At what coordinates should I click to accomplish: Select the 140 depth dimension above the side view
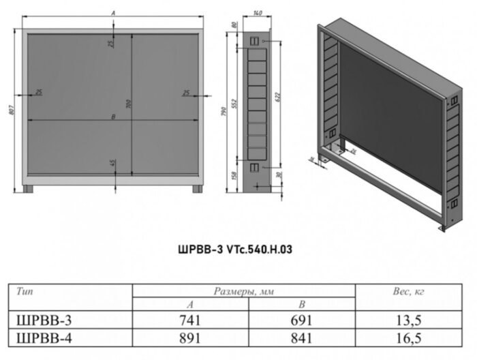257,13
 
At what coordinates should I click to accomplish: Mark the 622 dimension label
277,98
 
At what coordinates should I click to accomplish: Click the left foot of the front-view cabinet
28,188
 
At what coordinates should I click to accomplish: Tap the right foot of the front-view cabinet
197,188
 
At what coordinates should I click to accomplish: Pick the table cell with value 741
190,320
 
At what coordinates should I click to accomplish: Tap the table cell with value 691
301,320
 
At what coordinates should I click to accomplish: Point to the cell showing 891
190,336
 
